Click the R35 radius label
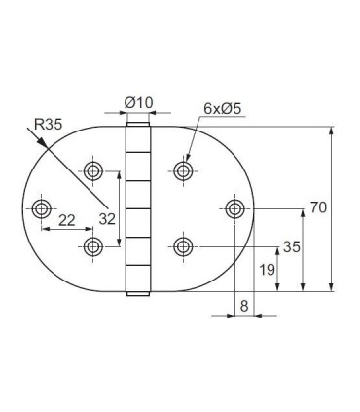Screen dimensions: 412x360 (x=49, y=124)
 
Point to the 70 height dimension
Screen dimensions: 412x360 (x=318, y=207)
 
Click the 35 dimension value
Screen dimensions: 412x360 (x=290, y=247)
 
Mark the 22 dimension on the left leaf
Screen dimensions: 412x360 (x=67, y=222)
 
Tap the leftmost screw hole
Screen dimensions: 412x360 (x=42, y=208)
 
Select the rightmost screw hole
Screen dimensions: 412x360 (x=234, y=208)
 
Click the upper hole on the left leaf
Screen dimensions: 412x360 (x=93, y=171)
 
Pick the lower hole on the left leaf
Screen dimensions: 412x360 (x=93, y=244)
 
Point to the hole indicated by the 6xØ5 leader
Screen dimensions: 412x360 (x=182, y=171)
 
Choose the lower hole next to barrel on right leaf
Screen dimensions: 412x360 (x=182, y=244)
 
